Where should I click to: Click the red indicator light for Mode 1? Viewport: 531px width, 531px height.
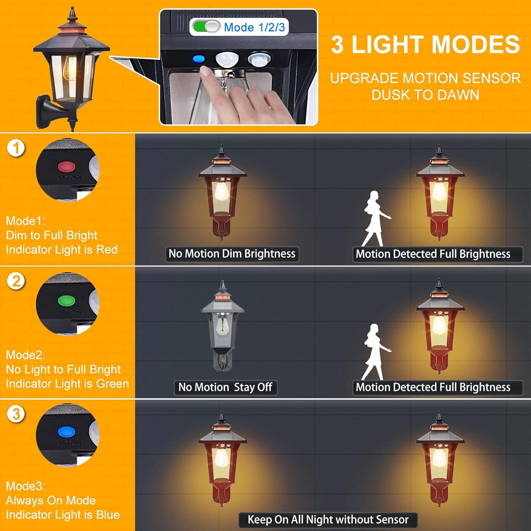pos(67,166)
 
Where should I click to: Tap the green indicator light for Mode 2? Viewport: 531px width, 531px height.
pos(67,301)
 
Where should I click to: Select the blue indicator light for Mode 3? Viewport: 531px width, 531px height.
pos(67,432)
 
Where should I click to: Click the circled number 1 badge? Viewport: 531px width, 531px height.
pos(16,148)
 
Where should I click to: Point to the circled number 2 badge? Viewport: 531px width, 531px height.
pos(16,281)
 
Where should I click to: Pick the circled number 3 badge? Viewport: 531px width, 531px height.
pos(16,414)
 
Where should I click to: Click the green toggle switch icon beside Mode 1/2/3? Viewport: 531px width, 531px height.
pos(206,27)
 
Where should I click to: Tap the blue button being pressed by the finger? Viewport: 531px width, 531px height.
pos(199,59)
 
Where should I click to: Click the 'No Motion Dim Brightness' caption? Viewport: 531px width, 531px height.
pos(232,254)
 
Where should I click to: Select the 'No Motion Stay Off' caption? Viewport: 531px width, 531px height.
pos(225,387)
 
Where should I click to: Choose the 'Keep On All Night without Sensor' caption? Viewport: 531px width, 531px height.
pos(328,520)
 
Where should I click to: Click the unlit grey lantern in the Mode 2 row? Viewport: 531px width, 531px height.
pos(222,326)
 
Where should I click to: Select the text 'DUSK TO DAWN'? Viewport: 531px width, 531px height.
pos(425,95)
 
